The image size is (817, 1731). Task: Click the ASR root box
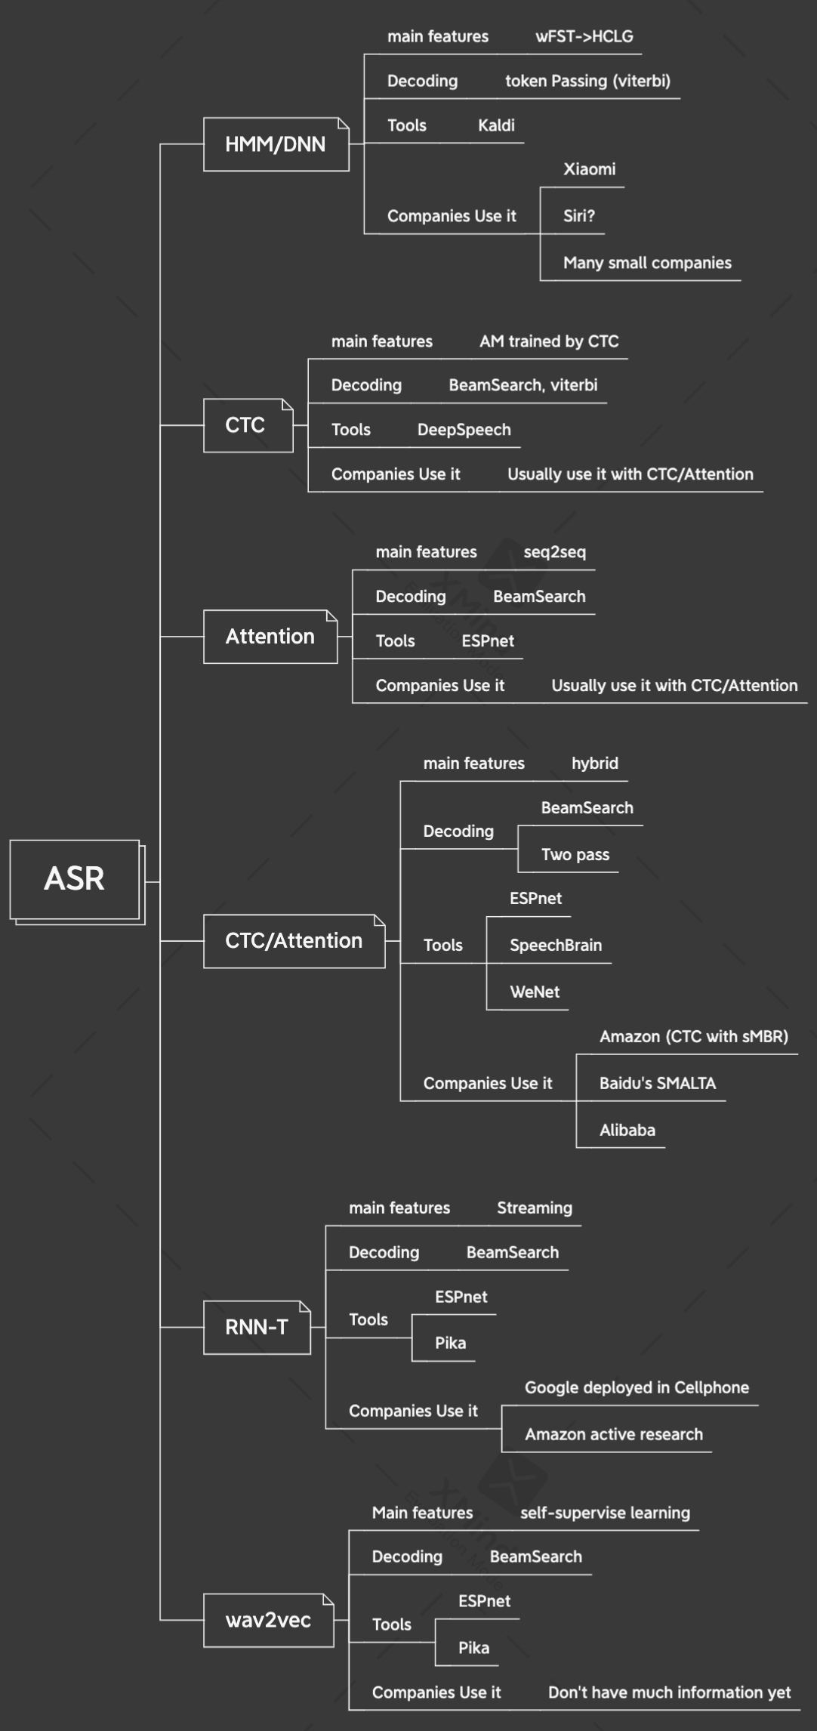click(75, 879)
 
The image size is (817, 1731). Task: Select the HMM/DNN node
click(276, 144)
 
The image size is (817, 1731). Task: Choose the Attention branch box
click(270, 637)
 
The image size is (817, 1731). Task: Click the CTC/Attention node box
click(294, 941)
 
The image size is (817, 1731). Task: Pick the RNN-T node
click(257, 1327)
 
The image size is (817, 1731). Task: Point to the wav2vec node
click(268, 1620)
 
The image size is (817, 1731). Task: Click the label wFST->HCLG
click(584, 36)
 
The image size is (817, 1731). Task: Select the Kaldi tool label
click(496, 125)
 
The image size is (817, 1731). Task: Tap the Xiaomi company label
click(589, 169)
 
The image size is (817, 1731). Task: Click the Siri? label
click(578, 216)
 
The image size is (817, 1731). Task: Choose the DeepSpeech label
click(464, 430)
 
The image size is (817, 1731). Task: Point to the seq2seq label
click(554, 552)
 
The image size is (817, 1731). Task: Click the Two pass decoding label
click(575, 855)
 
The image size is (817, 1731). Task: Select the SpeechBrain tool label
click(555, 946)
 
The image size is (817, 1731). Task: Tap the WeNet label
click(534, 992)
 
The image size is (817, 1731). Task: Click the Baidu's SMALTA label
click(657, 1084)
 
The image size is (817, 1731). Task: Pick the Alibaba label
click(627, 1131)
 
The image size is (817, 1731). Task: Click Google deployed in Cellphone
click(637, 1387)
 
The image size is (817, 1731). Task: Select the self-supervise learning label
click(605, 1513)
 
